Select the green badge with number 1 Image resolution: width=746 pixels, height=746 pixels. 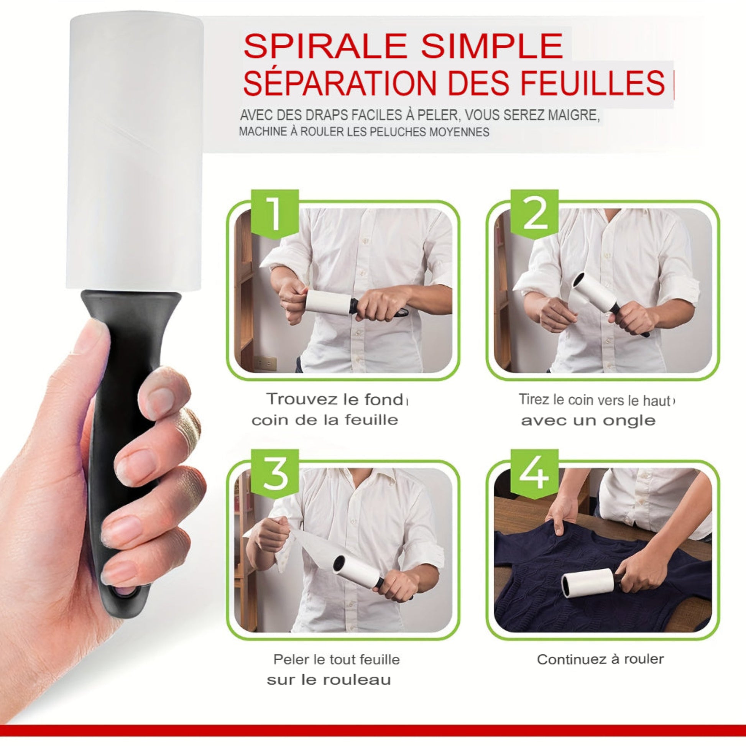click(274, 213)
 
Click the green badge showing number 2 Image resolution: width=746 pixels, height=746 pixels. click(534, 213)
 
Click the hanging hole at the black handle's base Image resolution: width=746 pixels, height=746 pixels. click(124, 591)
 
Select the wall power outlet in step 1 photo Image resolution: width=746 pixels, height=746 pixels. click(266, 363)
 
